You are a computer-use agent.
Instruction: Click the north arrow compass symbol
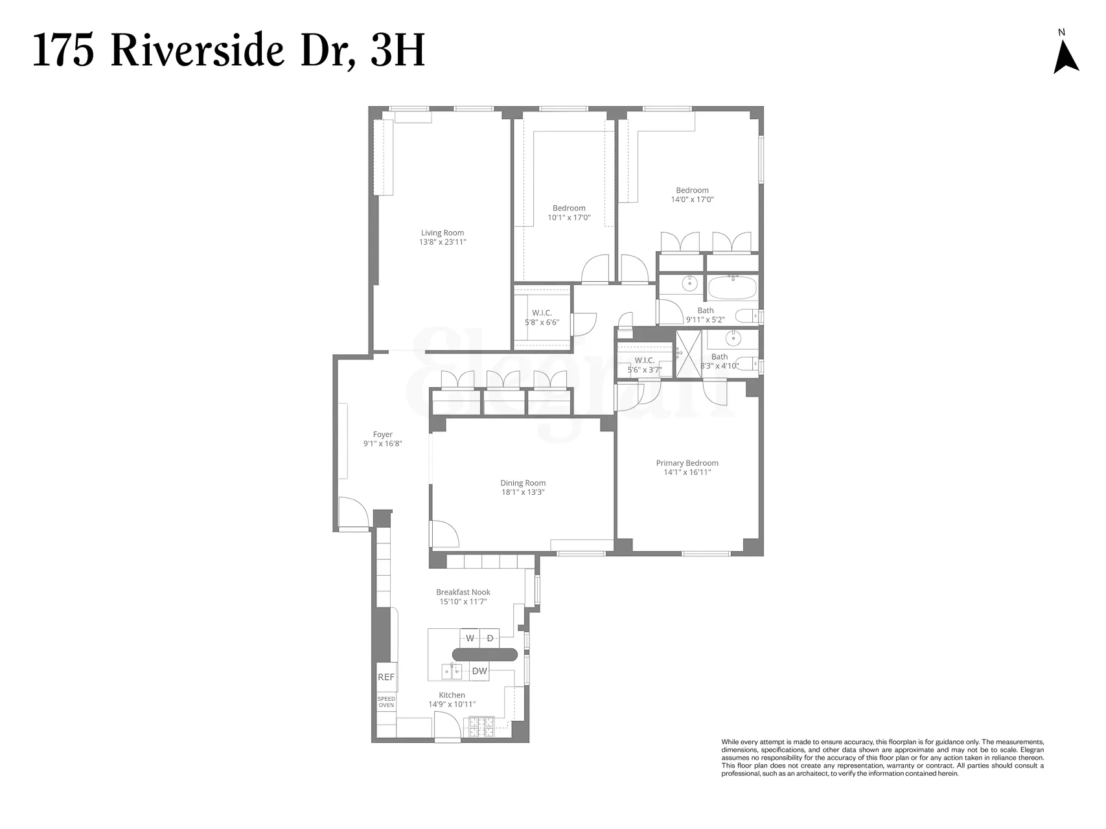pyautogui.click(x=1066, y=56)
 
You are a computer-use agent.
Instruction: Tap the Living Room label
pyautogui.click(x=443, y=233)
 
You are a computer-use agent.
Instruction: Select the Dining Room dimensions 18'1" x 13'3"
pyautogui.click(x=522, y=492)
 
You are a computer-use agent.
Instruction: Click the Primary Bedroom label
pyautogui.click(x=687, y=463)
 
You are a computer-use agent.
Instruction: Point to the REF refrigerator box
pyautogui.click(x=386, y=677)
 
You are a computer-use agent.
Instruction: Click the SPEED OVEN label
pyautogui.click(x=386, y=702)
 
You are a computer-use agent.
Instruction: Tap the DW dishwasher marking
pyautogui.click(x=479, y=672)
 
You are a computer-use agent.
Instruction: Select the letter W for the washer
pyautogui.click(x=470, y=639)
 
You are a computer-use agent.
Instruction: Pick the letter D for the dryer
pyautogui.click(x=490, y=639)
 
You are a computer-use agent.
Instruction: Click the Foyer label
pyautogui.click(x=382, y=435)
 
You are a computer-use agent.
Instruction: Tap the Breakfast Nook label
pyautogui.click(x=463, y=592)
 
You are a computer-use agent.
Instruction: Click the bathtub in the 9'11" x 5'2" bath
pyautogui.click(x=732, y=288)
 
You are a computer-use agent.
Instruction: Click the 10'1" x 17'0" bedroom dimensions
pyautogui.click(x=569, y=218)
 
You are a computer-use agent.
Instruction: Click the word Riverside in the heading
pyautogui.click(x=198, y=51)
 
